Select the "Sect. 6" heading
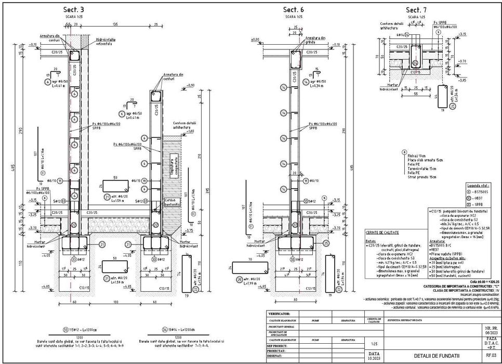(x=293, y=10)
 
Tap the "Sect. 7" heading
(x=416, y=10)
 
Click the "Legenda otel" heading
(x=478, y=185)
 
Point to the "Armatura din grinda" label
(x=315, y=40)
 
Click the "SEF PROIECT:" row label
(x=278, y=345)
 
